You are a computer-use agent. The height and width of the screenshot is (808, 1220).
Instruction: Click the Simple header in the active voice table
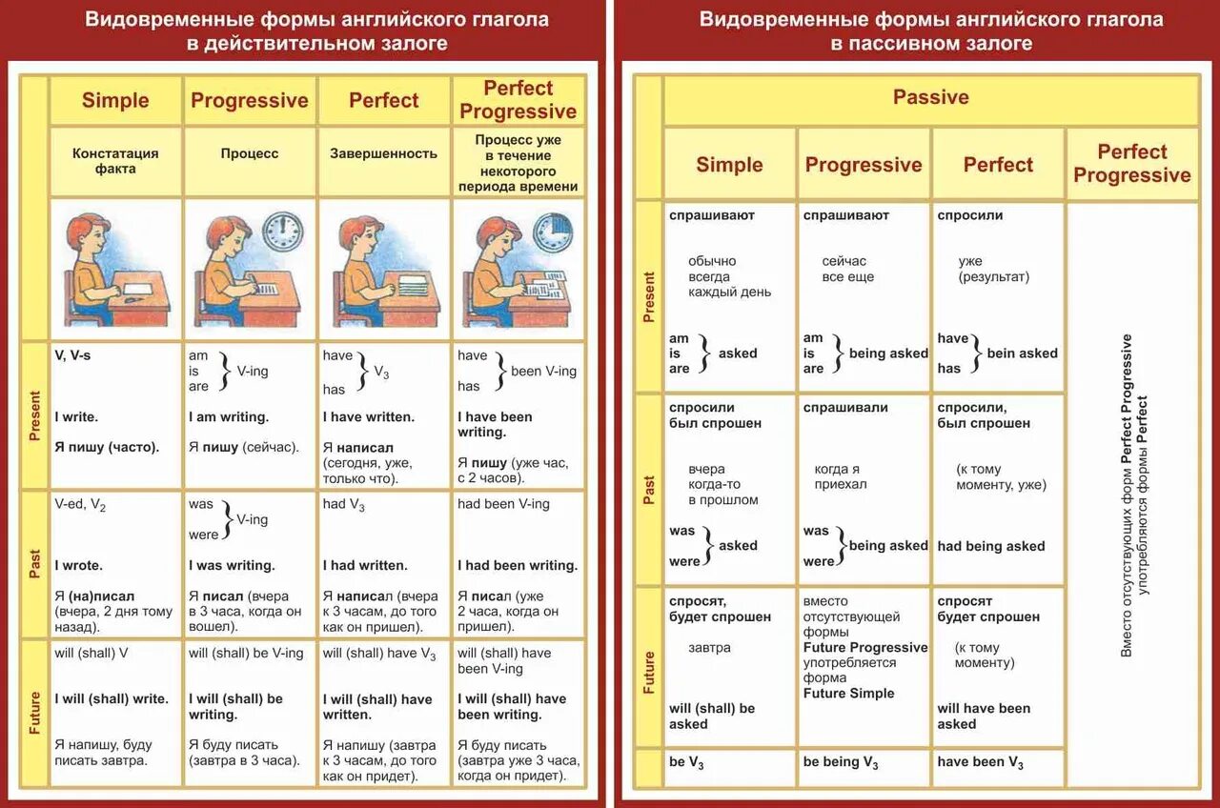tap(115, 100)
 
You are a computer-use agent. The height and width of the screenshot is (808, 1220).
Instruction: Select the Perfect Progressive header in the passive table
tap(1131, 164)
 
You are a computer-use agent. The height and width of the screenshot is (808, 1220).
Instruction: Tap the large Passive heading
tap(930, 97)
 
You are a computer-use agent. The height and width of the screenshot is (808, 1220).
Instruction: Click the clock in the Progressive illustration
tap(282, 232)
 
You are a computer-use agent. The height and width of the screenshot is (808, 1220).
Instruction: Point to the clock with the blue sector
tap(551, 232)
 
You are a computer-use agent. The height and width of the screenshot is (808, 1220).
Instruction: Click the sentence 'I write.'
tap(77, 416)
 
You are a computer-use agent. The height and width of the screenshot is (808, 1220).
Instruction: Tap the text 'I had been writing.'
tap(518, 565)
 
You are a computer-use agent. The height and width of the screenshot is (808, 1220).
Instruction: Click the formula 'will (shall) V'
tap(91, 653)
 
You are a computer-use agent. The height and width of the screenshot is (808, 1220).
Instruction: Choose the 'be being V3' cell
tap(841, 762)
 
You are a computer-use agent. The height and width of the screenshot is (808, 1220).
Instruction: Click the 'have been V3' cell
tap(980, 762)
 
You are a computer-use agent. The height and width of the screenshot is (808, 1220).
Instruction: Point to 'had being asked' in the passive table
tap(991, 546)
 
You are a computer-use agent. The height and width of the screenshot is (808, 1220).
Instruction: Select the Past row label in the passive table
tap(649, 490)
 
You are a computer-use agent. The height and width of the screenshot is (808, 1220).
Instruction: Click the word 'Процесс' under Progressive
tap(250, 153)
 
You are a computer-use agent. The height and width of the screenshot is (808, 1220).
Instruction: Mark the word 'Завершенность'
tap(383, 153)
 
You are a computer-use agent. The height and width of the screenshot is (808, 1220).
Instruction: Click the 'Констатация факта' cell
tap(115, 161)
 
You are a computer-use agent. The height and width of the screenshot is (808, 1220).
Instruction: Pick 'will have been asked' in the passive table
tap(984, 716)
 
